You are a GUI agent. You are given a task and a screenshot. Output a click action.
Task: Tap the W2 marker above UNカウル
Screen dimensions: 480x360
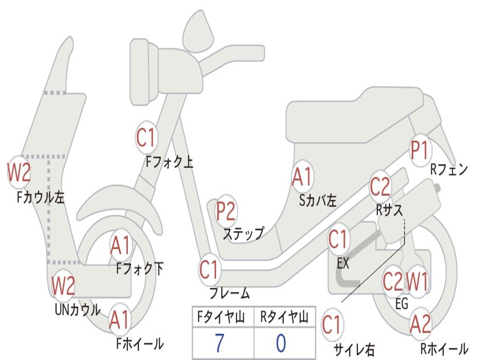point(63,285)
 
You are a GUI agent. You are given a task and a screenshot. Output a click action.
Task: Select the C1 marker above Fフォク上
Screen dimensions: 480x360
point(146,138)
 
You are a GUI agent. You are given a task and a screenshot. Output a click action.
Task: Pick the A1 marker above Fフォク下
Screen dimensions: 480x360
point(121,246)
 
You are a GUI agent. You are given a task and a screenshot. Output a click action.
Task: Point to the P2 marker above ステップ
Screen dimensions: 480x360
point(225,211)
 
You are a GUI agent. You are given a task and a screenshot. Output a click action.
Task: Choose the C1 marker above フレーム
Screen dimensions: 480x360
point(209,270)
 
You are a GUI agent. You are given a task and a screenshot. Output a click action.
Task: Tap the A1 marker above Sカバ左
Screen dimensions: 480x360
point(302,177)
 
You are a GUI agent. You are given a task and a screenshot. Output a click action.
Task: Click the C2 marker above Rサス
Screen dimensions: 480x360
point(380,187)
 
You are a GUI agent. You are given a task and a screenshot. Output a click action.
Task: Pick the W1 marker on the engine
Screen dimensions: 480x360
point(417,282)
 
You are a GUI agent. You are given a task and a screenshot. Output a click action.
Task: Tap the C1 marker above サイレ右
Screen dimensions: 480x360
point(331,325)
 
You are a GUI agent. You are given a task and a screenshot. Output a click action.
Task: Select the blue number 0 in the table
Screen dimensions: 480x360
point(281,344)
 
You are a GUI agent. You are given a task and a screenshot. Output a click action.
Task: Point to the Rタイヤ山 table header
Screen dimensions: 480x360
point(284,318)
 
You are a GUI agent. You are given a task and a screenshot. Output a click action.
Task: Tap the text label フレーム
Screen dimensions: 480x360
point(229,294)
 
